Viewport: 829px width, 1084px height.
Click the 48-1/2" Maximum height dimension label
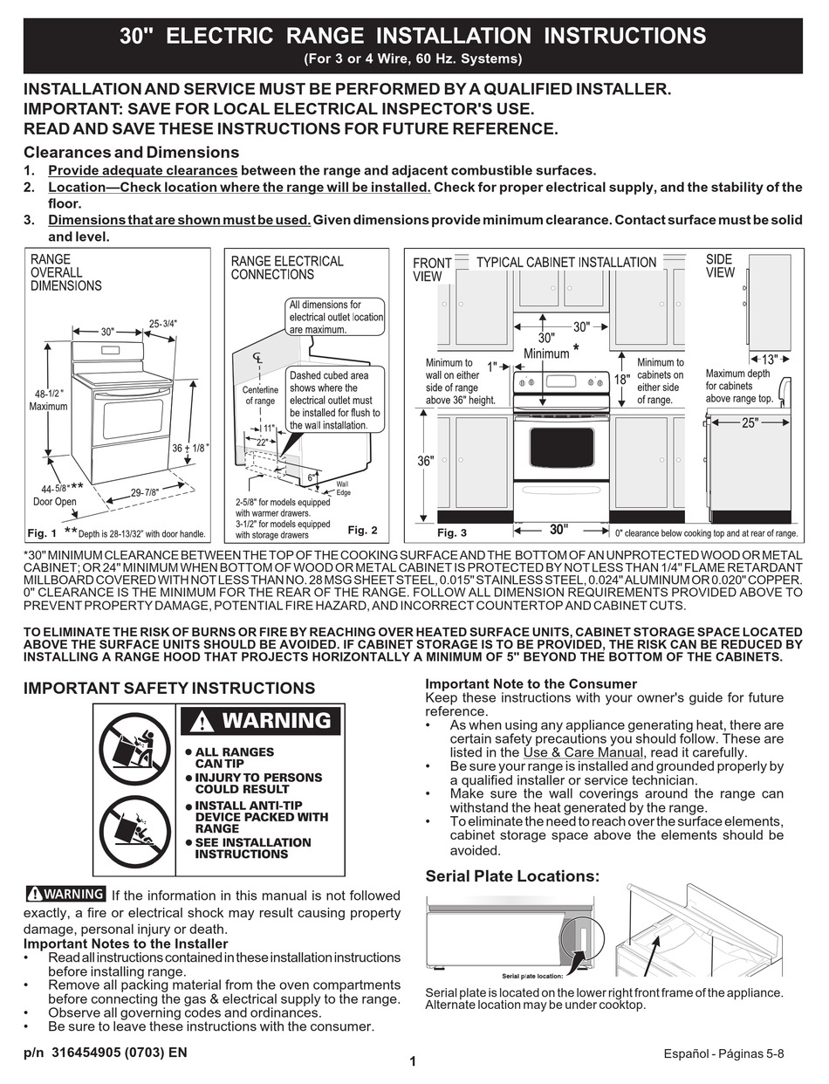pos(47,400)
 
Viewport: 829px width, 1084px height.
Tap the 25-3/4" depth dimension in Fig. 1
pos(163,323)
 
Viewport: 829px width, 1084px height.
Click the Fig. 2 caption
pos(362,530)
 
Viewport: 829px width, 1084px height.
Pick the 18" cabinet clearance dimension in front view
pos(621,380)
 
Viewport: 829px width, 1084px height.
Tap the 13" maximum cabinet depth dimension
pos(769,359)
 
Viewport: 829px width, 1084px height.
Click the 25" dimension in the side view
pos(750,422)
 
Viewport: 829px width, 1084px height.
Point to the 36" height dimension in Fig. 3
pos(425,461)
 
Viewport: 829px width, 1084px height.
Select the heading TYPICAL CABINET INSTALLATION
pos(565,262)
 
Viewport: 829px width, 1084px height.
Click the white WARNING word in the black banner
pos(276,721)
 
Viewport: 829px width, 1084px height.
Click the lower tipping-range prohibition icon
pos(134,833)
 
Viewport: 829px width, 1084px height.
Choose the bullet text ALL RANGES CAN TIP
pos(234,758)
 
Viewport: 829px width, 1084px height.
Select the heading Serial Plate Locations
pos(512,876)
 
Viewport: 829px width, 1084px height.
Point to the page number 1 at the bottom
pos(413,1061)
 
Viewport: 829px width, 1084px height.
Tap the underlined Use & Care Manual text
pos(583,752)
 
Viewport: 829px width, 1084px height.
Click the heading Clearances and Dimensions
pos(131,152)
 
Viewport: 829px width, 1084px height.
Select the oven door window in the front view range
pos(561,446)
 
